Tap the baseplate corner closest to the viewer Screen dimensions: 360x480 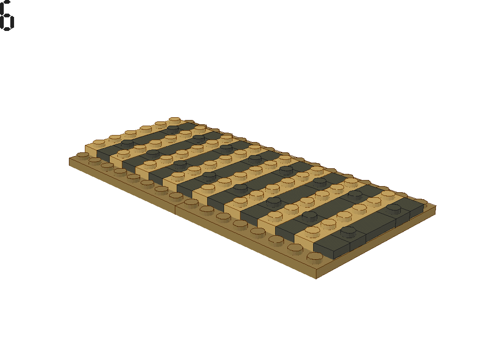coord(315,276)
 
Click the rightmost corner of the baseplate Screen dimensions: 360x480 coord(435,208)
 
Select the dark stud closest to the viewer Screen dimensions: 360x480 coord(348,231)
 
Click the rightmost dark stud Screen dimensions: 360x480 coord(394,207)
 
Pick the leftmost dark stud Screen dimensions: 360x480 coord(127,141)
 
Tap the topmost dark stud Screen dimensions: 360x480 coord(173,128)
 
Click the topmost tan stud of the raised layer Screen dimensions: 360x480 coord(175,120)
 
